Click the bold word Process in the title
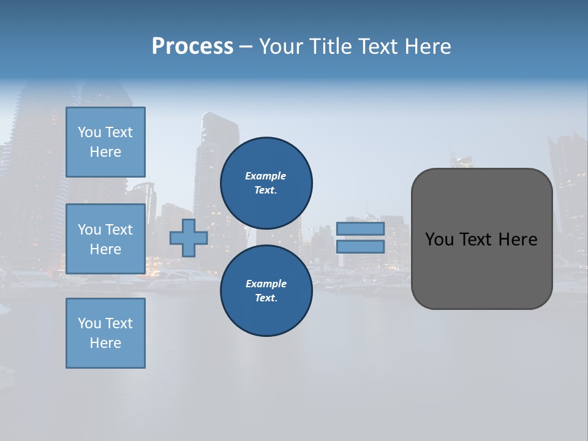[x=192, y=47]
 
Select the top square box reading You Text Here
[x=105, y=142]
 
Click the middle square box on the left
[x=105, y=239]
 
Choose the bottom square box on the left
[x=105, y=333]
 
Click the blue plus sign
[x=189, y=238]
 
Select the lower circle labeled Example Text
[x=266, y=290]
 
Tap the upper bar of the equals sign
[x=360, y=229]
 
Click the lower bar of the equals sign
[x=360, y=247]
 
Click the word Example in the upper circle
[x=266, y=176]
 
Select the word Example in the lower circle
[x=266, y=284]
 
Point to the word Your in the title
[x=281, y=47]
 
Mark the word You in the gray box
[x=439, y=239]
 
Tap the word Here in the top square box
[x=105, y=152]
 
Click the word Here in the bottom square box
[x=105, y=343]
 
